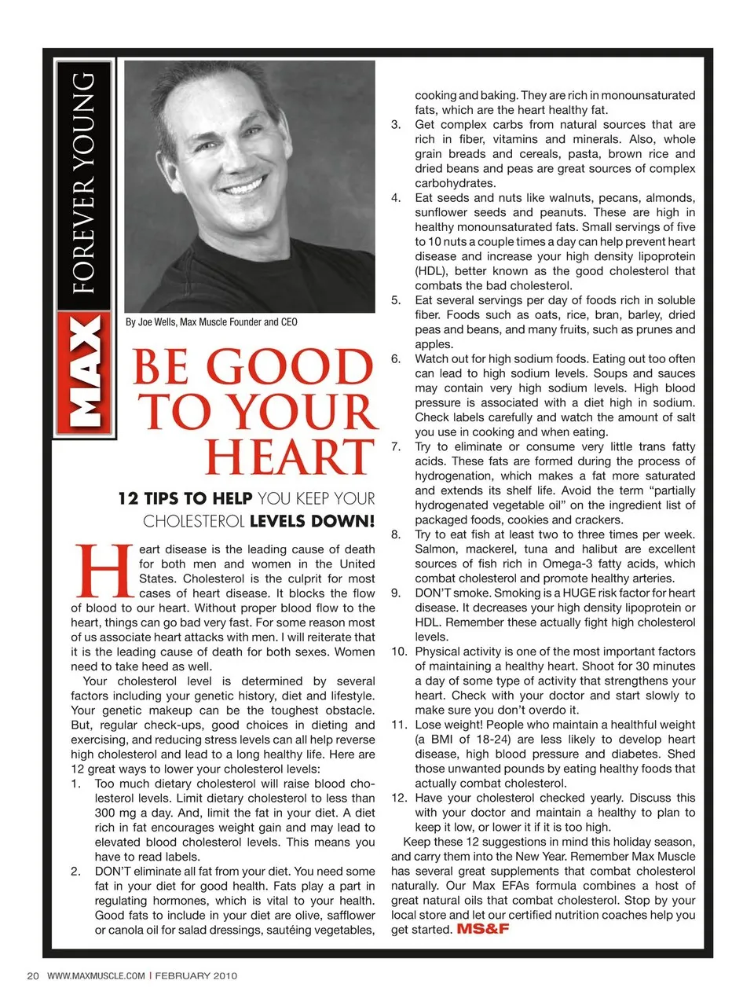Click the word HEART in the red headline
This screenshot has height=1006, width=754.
click(x=289, y=457)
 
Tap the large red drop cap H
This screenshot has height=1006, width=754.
click(x=102, y=571)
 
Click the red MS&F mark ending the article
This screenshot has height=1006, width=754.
click(x=482, y=929)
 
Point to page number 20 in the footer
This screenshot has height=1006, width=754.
click(x=33, y=976)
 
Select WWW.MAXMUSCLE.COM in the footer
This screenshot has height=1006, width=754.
click(x=96, y=976)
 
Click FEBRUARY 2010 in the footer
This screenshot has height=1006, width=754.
click(x=196, y=976)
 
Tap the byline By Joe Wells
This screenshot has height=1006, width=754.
click(x=210, y=322)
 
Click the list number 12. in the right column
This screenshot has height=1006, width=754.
click(x=400, y=798)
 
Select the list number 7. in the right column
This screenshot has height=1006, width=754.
click(x=396, y=446)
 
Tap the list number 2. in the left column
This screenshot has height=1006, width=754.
click(x=76, y=872)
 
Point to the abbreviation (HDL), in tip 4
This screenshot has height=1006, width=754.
click(x=431, y=271)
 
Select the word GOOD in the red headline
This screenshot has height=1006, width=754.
click(x=288, y=368)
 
